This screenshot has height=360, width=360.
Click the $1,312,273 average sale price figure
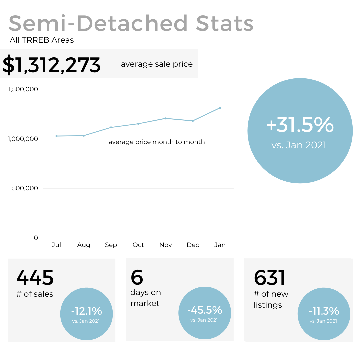click(52, 65)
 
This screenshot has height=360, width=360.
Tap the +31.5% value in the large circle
click(300, 125)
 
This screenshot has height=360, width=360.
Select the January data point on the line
click(220, 108)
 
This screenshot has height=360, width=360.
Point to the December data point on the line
click(193, 121)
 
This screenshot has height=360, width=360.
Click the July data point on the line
click(57, 136)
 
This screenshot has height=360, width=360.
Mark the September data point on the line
click(111, 127)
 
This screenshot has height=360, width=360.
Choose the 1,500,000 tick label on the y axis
click(23, 89)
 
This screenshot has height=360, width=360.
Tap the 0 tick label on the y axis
click(36, 238)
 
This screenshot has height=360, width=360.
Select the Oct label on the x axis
click(138, 245)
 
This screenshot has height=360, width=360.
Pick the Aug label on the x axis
click(84, 245)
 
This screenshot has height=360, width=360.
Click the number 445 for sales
click(35, 278)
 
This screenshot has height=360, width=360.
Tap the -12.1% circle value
click(86, 311)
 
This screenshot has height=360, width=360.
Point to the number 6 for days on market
click(137, 277)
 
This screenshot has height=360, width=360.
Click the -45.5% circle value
click(205, 310)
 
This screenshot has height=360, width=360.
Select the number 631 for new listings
click(270, 278)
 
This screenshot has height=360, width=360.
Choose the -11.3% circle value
click(324, 311)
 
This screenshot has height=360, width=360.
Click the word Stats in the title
click(224, 24)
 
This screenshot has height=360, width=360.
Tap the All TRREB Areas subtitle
click(42, 40)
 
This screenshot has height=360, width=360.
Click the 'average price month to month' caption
click(157, 142)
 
